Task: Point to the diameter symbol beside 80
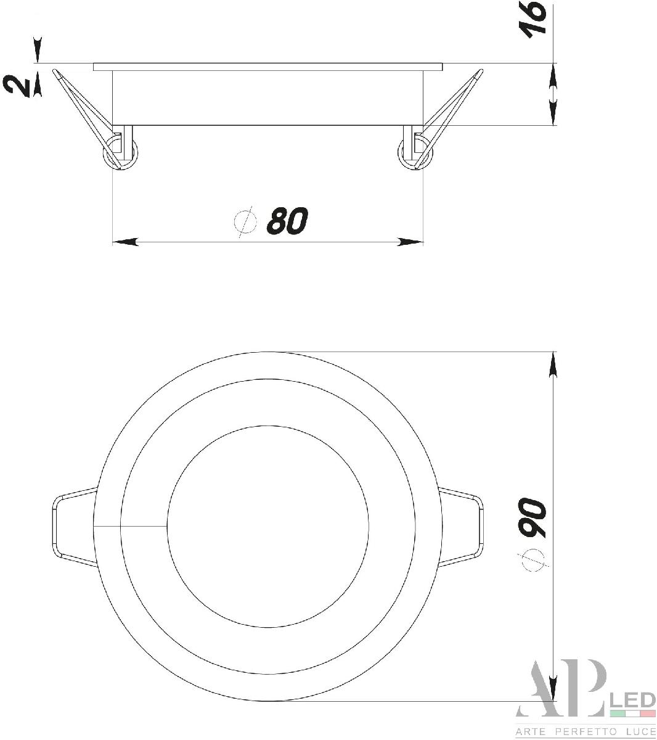tap(245, 222)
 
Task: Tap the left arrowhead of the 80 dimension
tap(126, 242)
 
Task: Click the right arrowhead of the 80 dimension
tap(410, 242)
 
